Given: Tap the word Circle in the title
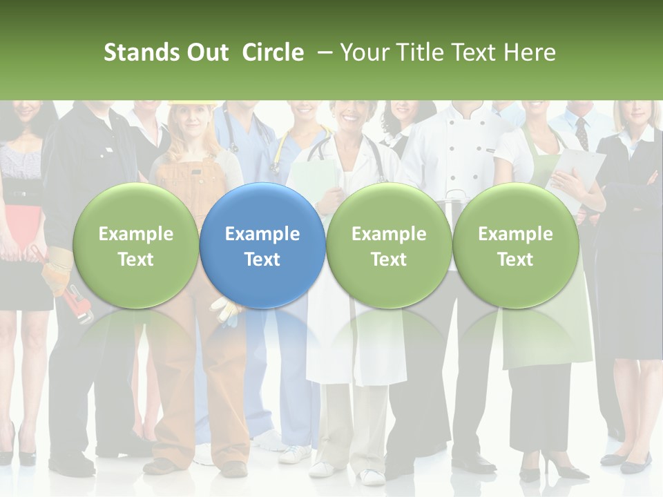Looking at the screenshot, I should tap(273, 52).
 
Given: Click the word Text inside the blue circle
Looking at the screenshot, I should tap(262, 260).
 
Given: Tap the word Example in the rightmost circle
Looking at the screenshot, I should tap(515, 234).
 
